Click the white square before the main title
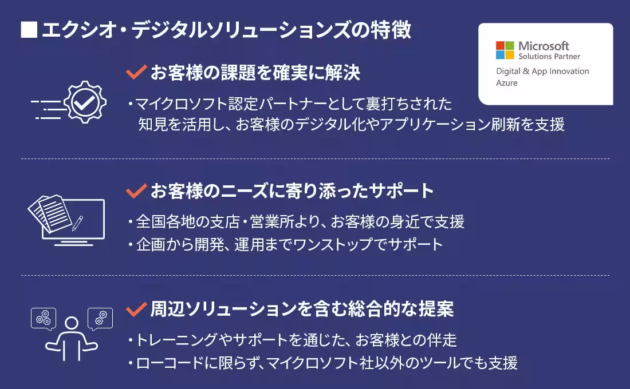(x=29, y=30)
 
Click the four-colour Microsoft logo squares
(x=505, y=50)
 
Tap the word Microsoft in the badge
(x=544, y=45)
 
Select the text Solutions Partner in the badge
(x=549, y=57)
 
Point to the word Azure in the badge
(x=506, y=83)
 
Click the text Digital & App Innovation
(x=542, y=71)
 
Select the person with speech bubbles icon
(x=72, y=334)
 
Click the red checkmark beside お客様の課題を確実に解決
(x=136, y=73)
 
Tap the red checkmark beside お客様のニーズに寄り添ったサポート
(x=136, y=191)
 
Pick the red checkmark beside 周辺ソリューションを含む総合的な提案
(x=136, y=309)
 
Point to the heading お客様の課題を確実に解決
(x=255, y=73)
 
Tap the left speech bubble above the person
(x=44, y=318)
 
